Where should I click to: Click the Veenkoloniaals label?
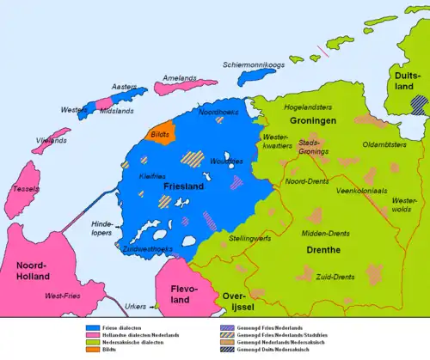pyautogui.click(x=365, y=189)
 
